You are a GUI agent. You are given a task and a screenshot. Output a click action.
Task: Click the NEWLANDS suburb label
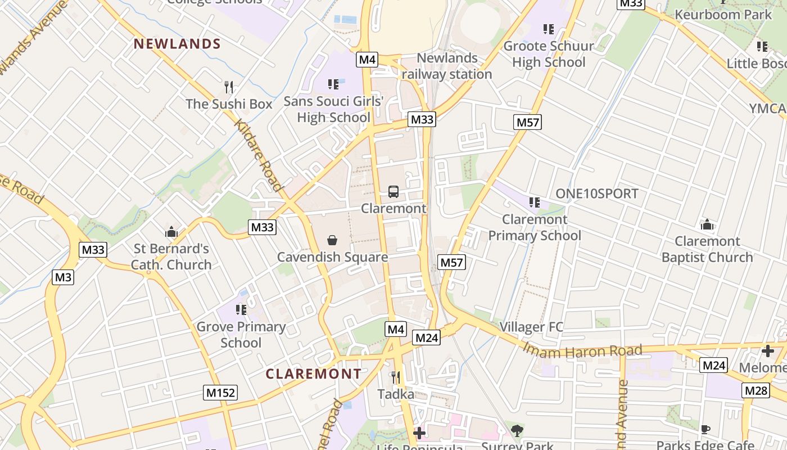(177, 44)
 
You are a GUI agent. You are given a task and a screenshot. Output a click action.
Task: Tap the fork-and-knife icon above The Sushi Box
(229, 87)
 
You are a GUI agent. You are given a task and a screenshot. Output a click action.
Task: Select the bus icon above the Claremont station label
(393, 192)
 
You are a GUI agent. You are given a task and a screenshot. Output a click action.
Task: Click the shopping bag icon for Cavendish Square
(332, 241)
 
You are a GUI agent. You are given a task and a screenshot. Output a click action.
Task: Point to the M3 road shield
(64, 277)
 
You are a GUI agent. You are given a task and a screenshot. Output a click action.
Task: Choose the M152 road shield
(220, 393)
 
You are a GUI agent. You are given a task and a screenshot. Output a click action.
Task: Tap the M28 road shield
(756, 390)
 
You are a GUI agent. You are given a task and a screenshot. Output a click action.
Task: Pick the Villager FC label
(531, 327)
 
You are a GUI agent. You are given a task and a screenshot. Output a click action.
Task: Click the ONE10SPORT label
(597, 193)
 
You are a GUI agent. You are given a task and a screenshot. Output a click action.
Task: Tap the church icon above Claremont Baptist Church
(707, 225)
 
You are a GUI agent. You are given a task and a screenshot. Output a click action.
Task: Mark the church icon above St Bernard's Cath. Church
(171, 232)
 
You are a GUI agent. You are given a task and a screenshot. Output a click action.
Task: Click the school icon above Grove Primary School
(241, 310)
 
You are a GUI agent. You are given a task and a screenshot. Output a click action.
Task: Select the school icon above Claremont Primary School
(534, 202)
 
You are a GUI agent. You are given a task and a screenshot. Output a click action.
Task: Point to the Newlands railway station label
(447, 66)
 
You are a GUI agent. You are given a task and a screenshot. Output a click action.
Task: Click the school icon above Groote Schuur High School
(549, 29)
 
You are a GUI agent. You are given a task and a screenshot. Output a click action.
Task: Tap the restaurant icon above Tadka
(396, 377)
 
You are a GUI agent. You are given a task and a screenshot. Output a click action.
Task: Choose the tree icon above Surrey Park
(517, 431)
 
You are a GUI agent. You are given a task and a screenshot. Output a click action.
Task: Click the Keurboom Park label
(723, 15)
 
